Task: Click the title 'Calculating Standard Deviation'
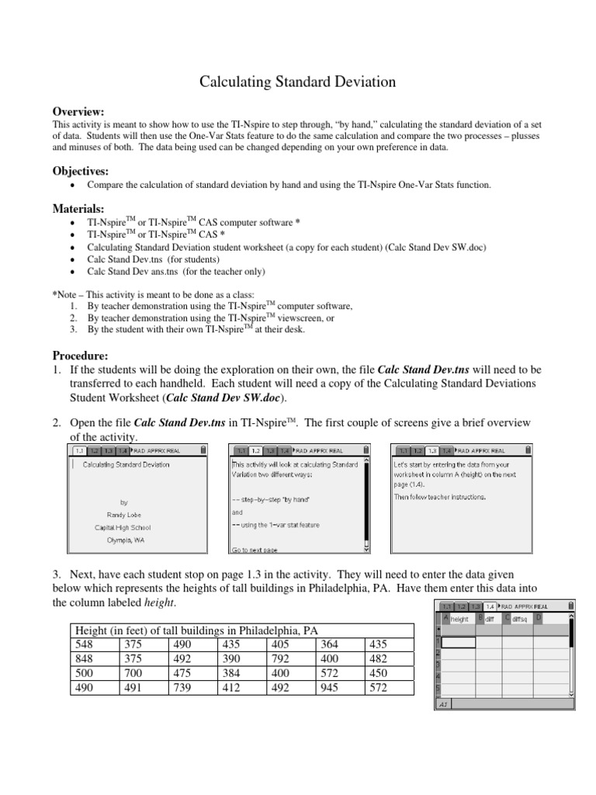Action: click(x=298, y=82)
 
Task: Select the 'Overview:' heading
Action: click(x=78, y=112)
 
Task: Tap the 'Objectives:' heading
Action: click(x=81, y=170)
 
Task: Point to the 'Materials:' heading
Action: click(x=78, y=208)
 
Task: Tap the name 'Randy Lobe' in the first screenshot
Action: click(x=124, y=514)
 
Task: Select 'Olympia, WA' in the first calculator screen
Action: click(x=124, y=539)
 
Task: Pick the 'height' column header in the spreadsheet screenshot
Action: click(x=459, y=619)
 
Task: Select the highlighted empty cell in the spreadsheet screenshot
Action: click(x=457, y=641)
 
